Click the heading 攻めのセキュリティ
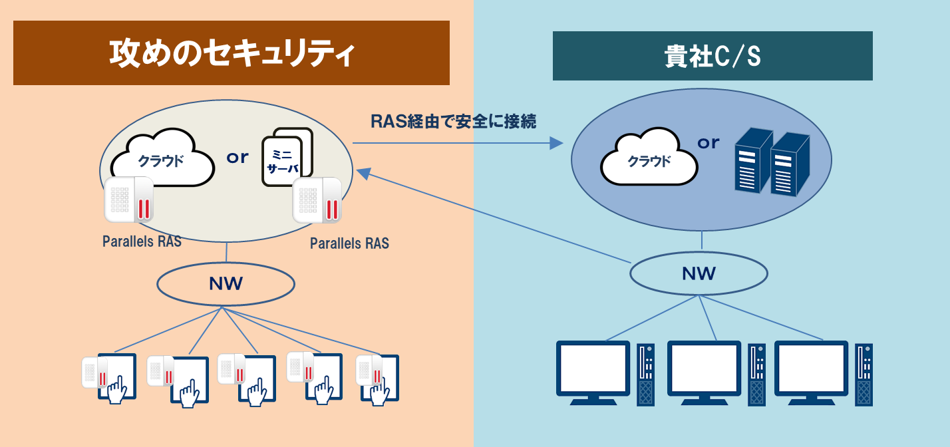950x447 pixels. [x=231, y=53]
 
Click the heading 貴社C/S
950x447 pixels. [x=712, y=57]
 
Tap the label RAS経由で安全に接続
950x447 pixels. [x=453, y=122]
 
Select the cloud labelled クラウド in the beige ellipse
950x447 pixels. [x=162, y=160]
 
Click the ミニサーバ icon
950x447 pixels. [x=287, y=160]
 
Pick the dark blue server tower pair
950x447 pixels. [x=771, y=163]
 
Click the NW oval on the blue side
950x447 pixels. [x=699, y=273]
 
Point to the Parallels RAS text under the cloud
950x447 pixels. [x=142, y=241]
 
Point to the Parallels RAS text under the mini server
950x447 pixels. [x=349, y=243]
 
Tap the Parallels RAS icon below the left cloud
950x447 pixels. [x=129, y=200]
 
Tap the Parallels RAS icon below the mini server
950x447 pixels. [x=318, y=200]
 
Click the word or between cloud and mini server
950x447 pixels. [x=237, y=158]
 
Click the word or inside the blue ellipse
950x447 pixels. [x=709, y=142]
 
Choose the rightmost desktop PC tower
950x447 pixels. [x=864, y=374]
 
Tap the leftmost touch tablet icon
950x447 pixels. [x=110, y=376]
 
